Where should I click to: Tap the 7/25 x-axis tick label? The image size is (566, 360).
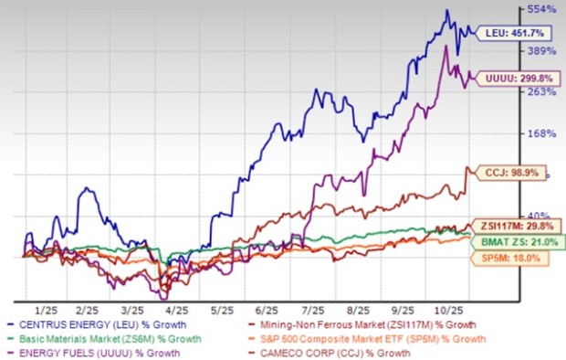[x=313, y=310]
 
